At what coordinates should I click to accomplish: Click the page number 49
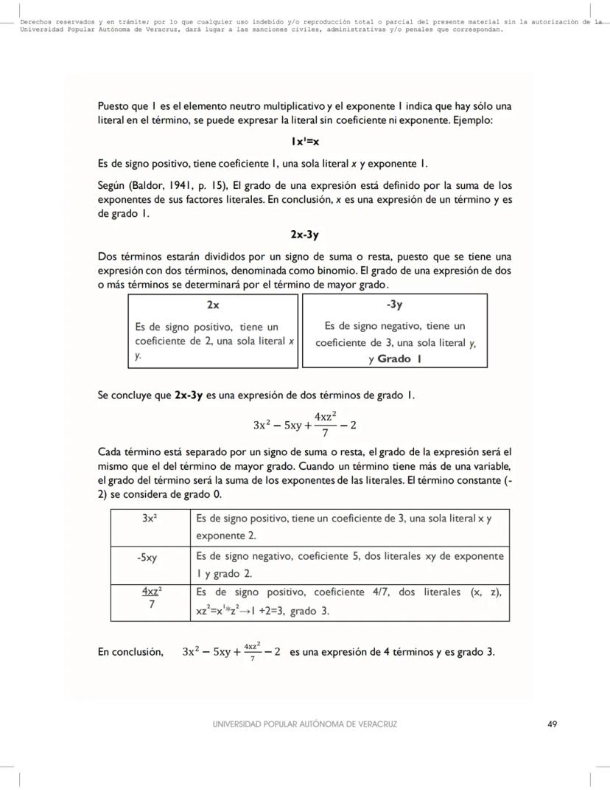552,724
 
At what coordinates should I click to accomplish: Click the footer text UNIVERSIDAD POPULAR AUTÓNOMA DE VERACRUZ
304,724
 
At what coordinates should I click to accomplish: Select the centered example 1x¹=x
304,141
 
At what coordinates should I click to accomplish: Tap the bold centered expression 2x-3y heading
304,235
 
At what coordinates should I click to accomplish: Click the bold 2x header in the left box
212,304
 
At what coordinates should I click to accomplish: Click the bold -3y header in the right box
394,304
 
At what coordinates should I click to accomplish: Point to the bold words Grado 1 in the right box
399,359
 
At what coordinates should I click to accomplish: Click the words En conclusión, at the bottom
130,652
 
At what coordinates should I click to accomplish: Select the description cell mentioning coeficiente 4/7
349,601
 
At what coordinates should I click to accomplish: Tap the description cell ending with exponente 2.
349,527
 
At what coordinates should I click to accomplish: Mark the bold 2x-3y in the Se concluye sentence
189,395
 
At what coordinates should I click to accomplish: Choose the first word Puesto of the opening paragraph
113,106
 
